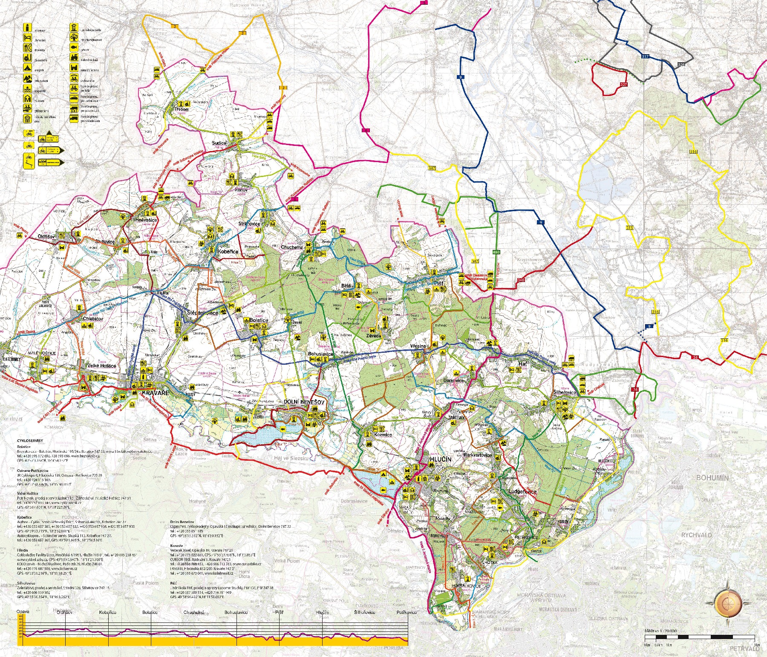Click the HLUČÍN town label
pyautogui.click(x=440, y=459)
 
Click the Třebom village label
pyautogui.click(x=181, y=110)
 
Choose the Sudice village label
pyautogui.click(x=219, y=143)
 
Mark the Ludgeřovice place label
pyautogui.click(x=522, y=491)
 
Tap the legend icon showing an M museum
pyautogui.click(x=27, y=99)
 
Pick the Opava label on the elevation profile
pyautogui.click(x=23, y=612)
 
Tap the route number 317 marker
pyautogui.click(x=645, y=56)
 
